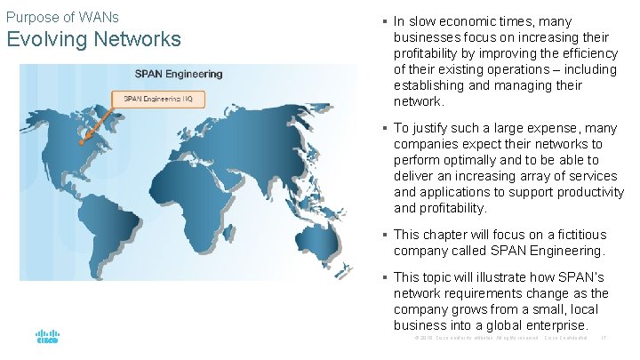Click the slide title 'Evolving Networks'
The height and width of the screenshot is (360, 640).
tap(93, 40)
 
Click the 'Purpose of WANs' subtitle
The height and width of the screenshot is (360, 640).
tap(62, 17)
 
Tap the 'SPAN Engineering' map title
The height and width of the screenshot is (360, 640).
tap(179, 73)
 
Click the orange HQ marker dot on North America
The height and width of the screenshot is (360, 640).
tap(80, 142)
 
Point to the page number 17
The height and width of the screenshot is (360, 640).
tap(604, 338)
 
